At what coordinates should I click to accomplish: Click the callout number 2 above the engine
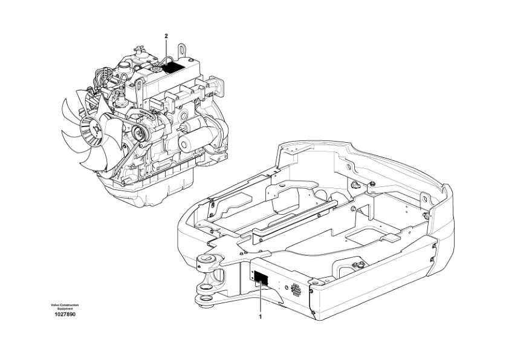166,36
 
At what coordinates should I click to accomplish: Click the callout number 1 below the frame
260,316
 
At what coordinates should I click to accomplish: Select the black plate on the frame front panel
261,278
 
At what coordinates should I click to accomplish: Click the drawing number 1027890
65,315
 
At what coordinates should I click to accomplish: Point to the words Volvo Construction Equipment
65,307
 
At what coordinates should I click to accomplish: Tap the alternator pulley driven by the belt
138,133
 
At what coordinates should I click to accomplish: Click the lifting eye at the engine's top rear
181,51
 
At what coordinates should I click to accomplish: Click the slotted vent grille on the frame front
296,289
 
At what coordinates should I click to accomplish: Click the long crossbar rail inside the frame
295,218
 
